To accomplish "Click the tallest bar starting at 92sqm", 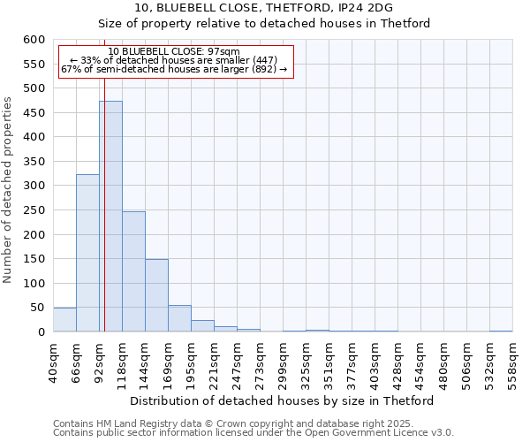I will point(110,217).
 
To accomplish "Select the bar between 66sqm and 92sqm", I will point(87,253).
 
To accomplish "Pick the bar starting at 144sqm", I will point(156,295).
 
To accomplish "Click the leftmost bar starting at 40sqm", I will point(64,320).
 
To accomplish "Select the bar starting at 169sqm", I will point(179,318).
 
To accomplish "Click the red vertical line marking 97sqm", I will point(104,221).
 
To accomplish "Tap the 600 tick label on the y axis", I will point(34,40).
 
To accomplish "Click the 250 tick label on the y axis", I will point(34,210).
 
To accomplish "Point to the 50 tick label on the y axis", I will point(37,308).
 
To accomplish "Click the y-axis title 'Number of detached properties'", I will point(8,190).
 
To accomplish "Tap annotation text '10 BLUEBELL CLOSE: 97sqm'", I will point(174,52).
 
